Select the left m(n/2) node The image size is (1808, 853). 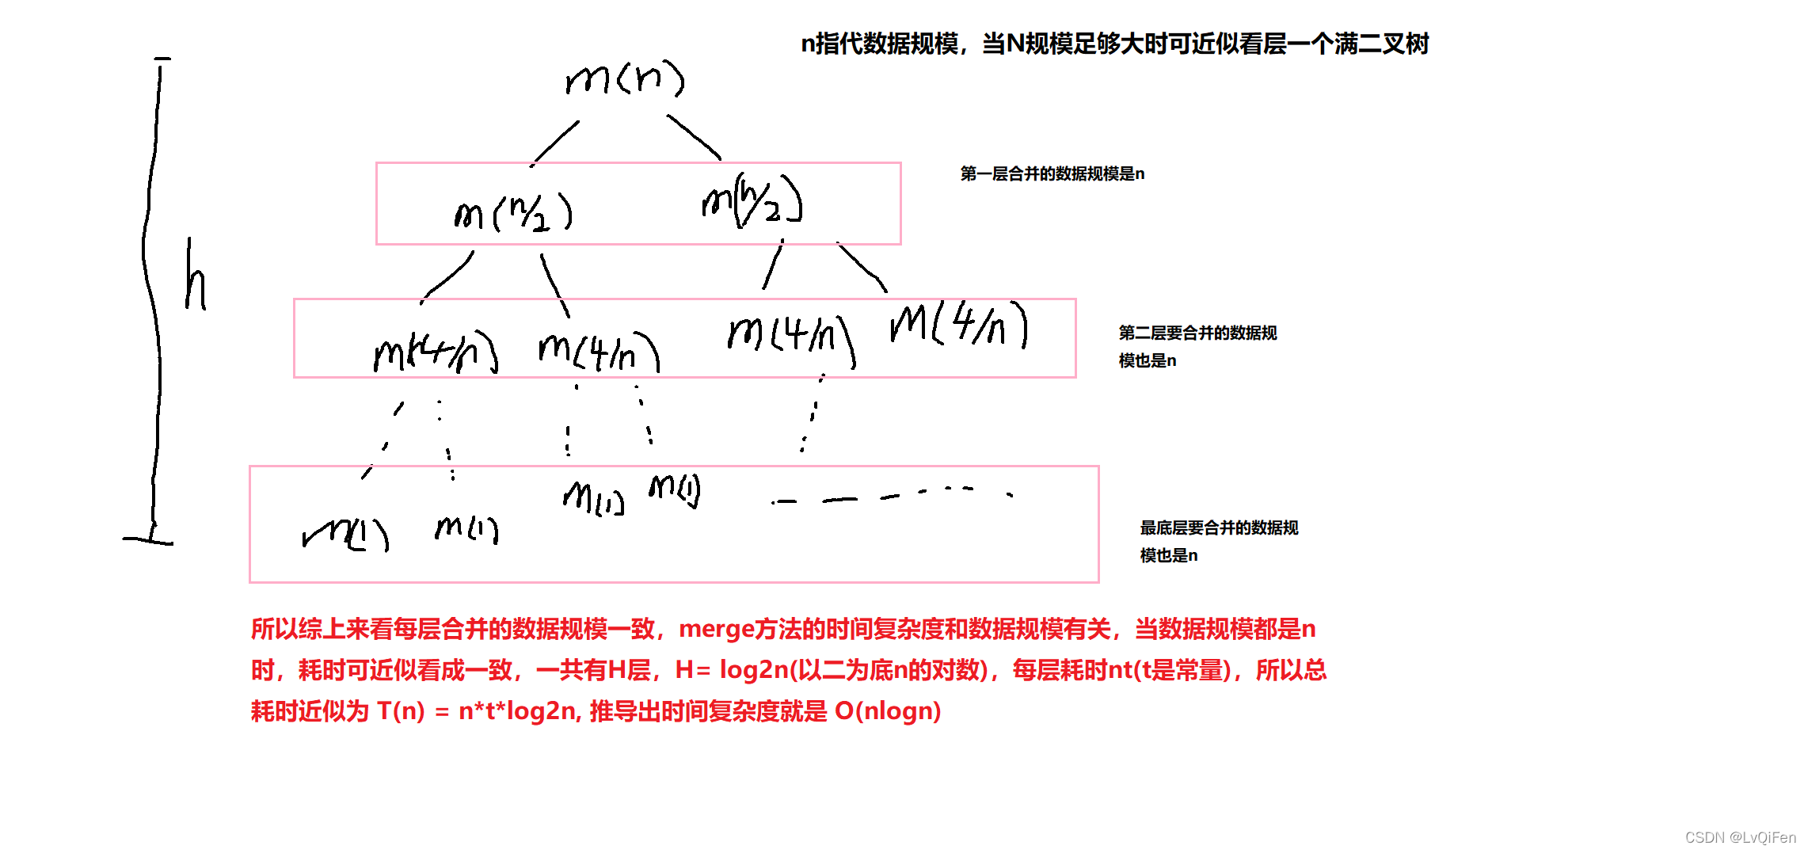(513, 213)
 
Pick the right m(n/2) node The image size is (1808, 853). (752, 200)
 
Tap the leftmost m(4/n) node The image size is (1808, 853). (436, 352)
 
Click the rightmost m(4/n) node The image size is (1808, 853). (959, 324)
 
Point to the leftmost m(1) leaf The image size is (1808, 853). (346, 534)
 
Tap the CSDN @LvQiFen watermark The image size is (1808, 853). (1740, 837)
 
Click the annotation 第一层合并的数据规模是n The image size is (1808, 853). (1052, 173)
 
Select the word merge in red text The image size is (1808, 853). (716, 629)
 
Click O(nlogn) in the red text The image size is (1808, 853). (887, 711)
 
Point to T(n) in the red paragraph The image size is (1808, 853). (401, 711)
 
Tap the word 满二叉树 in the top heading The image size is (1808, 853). (1381, 44)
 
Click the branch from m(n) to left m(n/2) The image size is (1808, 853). (555, 143)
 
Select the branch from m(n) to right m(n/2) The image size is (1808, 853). (694, 137)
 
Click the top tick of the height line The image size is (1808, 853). (162, 59)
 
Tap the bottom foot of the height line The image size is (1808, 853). (148, 540)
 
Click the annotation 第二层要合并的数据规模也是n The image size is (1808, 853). (1197, 346)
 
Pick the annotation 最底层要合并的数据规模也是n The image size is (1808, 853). (1218, 541)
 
